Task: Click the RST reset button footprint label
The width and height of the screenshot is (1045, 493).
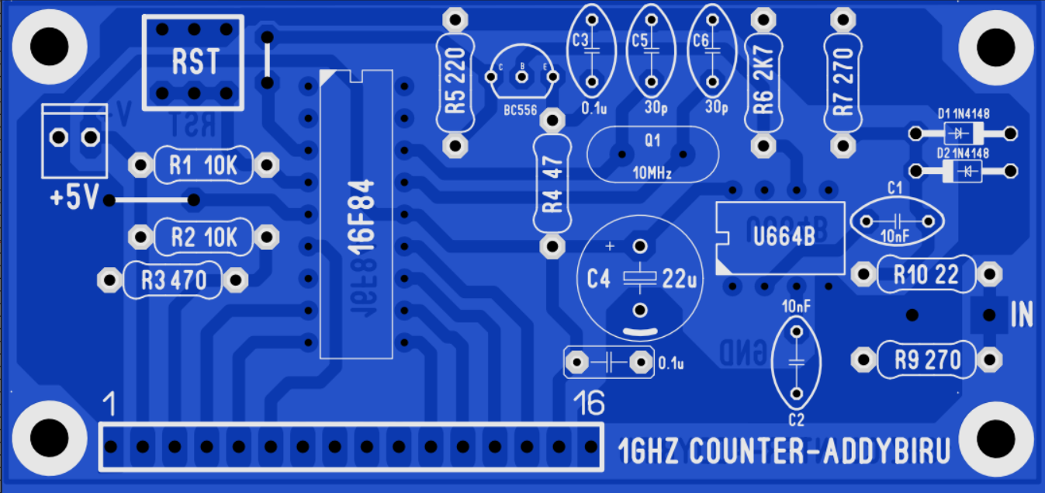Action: point(195,61)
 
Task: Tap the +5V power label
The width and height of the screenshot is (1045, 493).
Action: point(74,199)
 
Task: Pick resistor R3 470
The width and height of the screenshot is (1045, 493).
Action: point(174,280)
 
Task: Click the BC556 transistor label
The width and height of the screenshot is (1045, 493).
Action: point(520,110)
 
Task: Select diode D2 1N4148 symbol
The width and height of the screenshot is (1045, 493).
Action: point(963,171)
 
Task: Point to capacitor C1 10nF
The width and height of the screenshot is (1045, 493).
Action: point(895,220)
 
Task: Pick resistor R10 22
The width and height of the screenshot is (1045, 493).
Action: point(926,274)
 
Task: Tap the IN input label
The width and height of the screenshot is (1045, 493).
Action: point(1022,314)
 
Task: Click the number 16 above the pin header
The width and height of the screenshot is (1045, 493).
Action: point(588,404)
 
